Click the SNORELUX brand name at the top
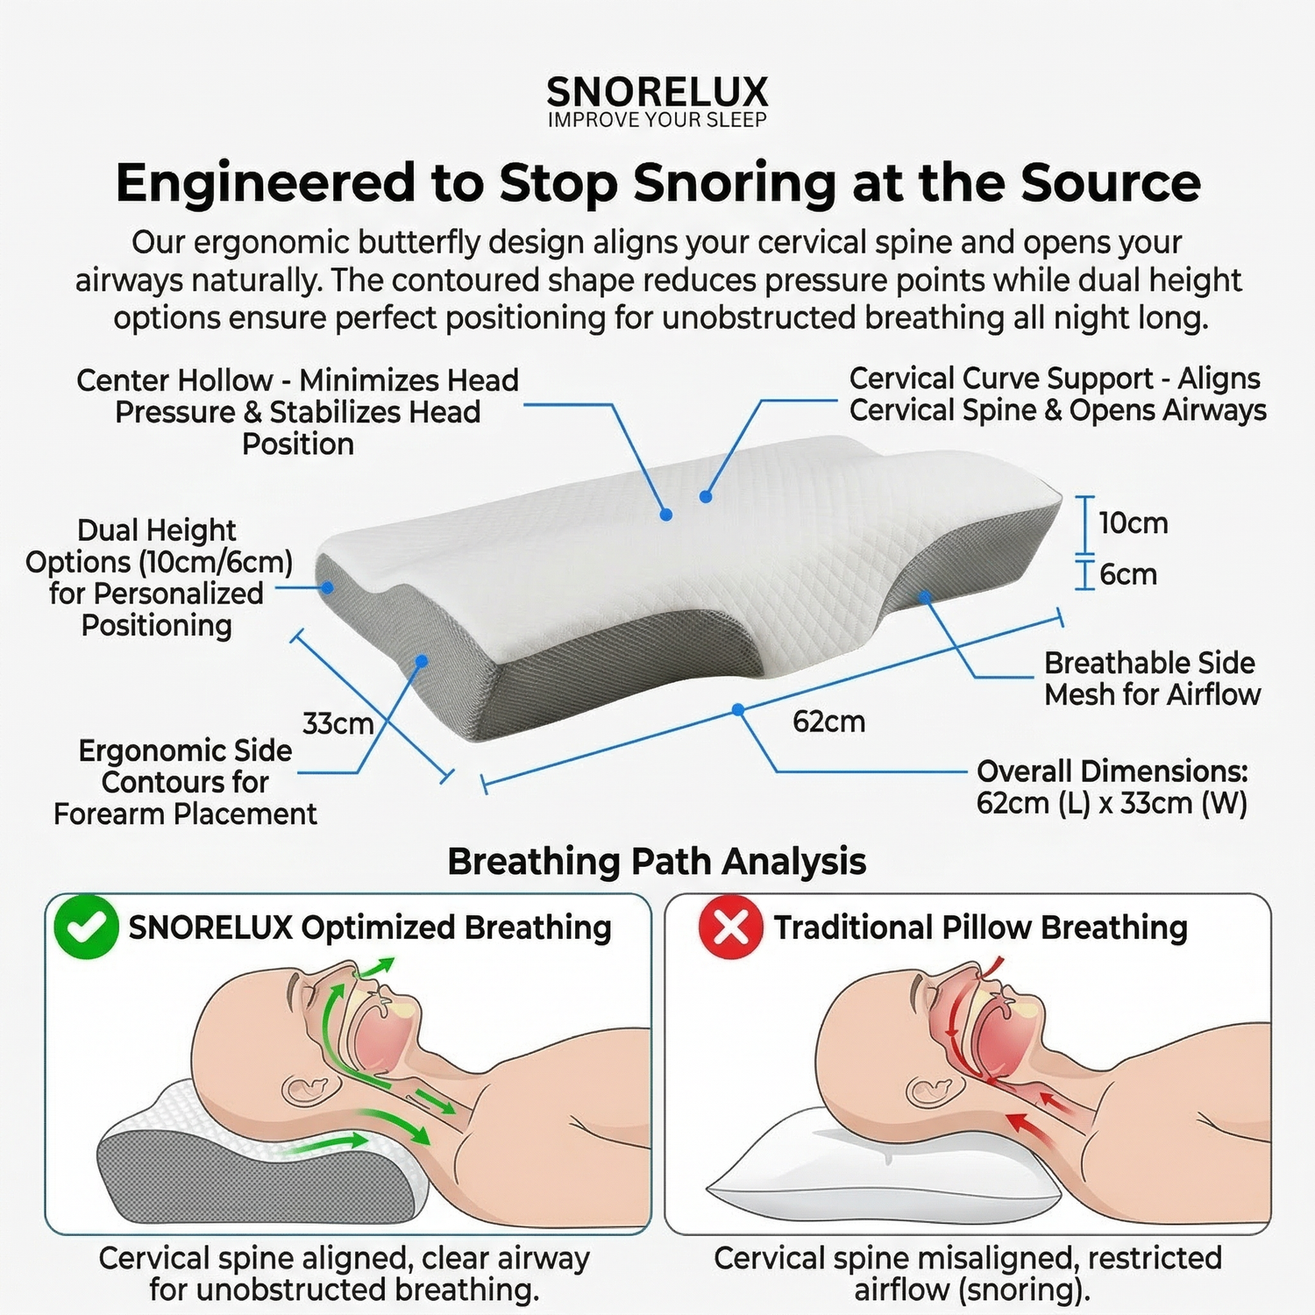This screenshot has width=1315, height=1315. (657, 92)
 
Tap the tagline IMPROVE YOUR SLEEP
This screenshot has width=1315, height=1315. (657, 120)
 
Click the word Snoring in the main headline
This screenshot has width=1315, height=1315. (735, 183)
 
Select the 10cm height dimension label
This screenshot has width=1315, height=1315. (1133, 523)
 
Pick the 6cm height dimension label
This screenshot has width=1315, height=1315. (1127, 575)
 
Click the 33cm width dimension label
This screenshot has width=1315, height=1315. (338, 724)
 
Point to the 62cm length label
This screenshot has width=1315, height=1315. (828, 721)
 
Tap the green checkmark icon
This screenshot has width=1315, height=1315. (86, 927)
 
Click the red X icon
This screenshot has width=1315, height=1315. (730, 927)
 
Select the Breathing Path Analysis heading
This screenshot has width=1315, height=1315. (657, 862)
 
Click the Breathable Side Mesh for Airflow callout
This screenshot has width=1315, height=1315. (1152, 679)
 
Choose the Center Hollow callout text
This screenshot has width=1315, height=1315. (298, 412)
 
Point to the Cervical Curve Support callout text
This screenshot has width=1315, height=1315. (1057, 394)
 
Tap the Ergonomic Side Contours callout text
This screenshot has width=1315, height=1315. (185, 782)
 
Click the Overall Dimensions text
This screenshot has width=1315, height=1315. (1112, 787)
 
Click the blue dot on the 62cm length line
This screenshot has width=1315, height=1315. (738, 709)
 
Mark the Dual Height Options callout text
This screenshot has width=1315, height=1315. (158, 578)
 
